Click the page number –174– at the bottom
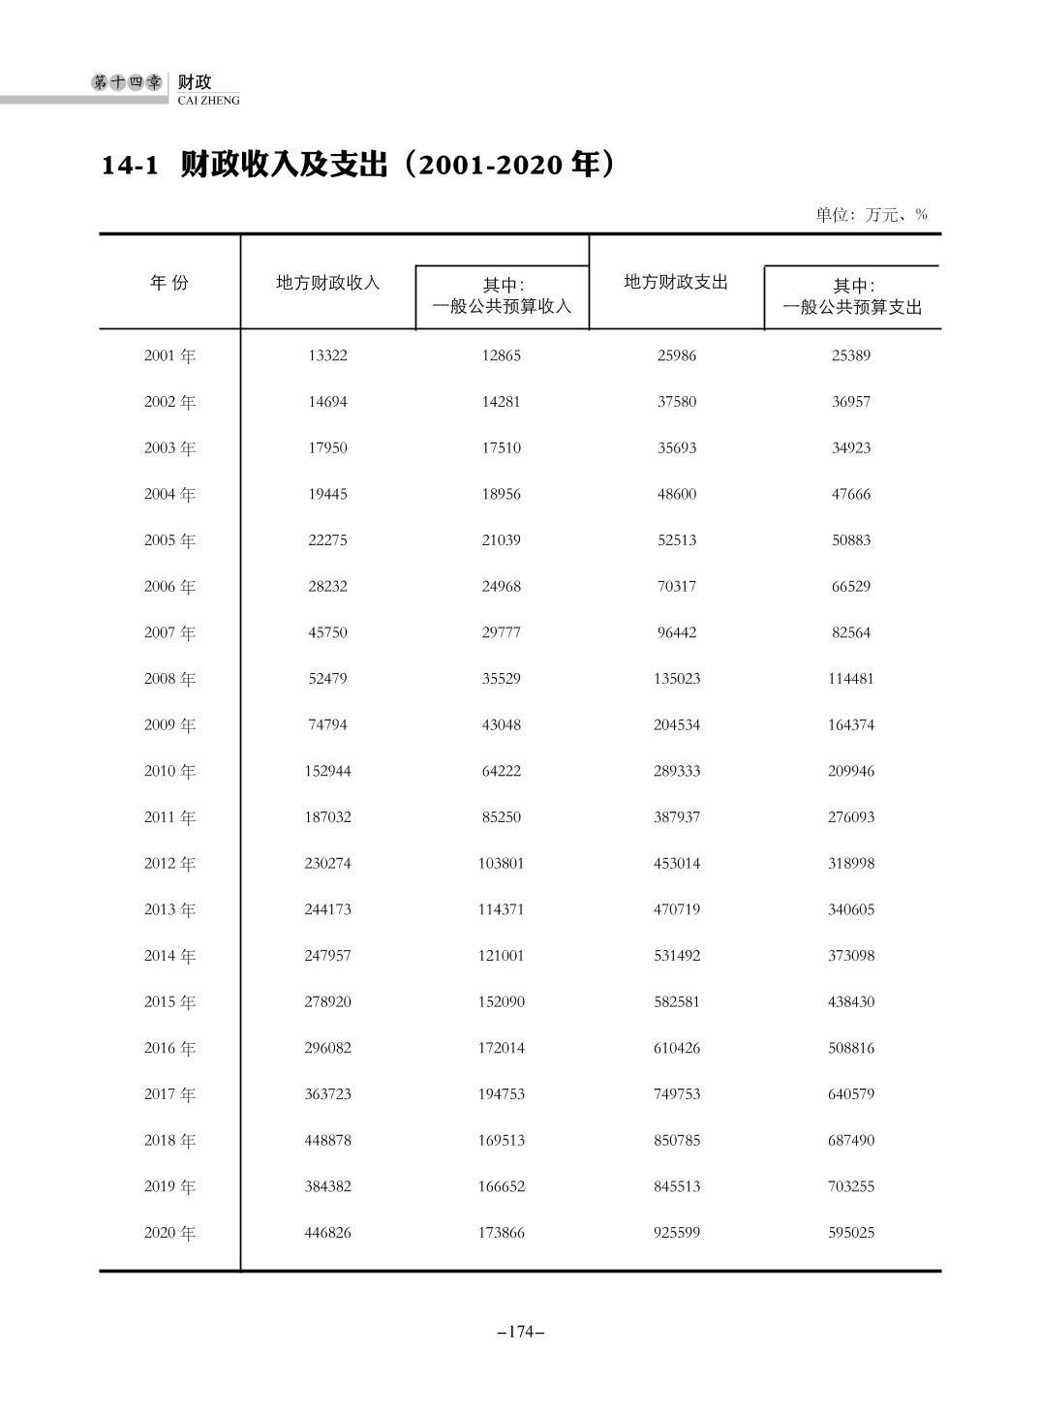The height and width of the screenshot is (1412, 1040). (x=520, y=1333)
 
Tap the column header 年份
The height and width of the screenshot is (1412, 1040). (x=169, y=283)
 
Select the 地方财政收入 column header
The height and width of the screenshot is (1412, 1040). (x=328, y=283)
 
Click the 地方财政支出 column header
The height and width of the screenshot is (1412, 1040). (x=676, y=282)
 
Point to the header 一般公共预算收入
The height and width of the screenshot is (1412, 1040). (x=502, y=306)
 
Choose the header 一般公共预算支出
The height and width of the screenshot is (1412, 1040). (x=852, y=307)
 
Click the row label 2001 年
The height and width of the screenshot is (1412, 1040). (x=169, y=355)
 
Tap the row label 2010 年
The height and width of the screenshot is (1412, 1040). (x=169, y=771)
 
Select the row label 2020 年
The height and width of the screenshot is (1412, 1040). (x=169, y=1233)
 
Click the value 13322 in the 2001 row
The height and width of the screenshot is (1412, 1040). (x=327, y=355)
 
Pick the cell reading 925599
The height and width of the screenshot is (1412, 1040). (x=677, y=1233)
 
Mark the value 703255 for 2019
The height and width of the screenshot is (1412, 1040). (x=851, y=1186)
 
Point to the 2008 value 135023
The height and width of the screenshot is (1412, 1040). (x=677, y=679)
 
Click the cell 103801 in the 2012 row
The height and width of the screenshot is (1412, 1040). (x=502, y=863)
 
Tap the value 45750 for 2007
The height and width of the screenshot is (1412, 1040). (x=327, y=632)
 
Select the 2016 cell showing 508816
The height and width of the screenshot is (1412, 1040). (x=851, y=1048)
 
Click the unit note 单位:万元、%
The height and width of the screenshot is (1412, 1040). (x=872, y=215)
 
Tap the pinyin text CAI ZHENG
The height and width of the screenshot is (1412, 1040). (x=209, y=101)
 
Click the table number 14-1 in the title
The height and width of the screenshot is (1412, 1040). (x=130, y=166)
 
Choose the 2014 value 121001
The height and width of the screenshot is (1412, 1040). (x=502, y=956)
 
